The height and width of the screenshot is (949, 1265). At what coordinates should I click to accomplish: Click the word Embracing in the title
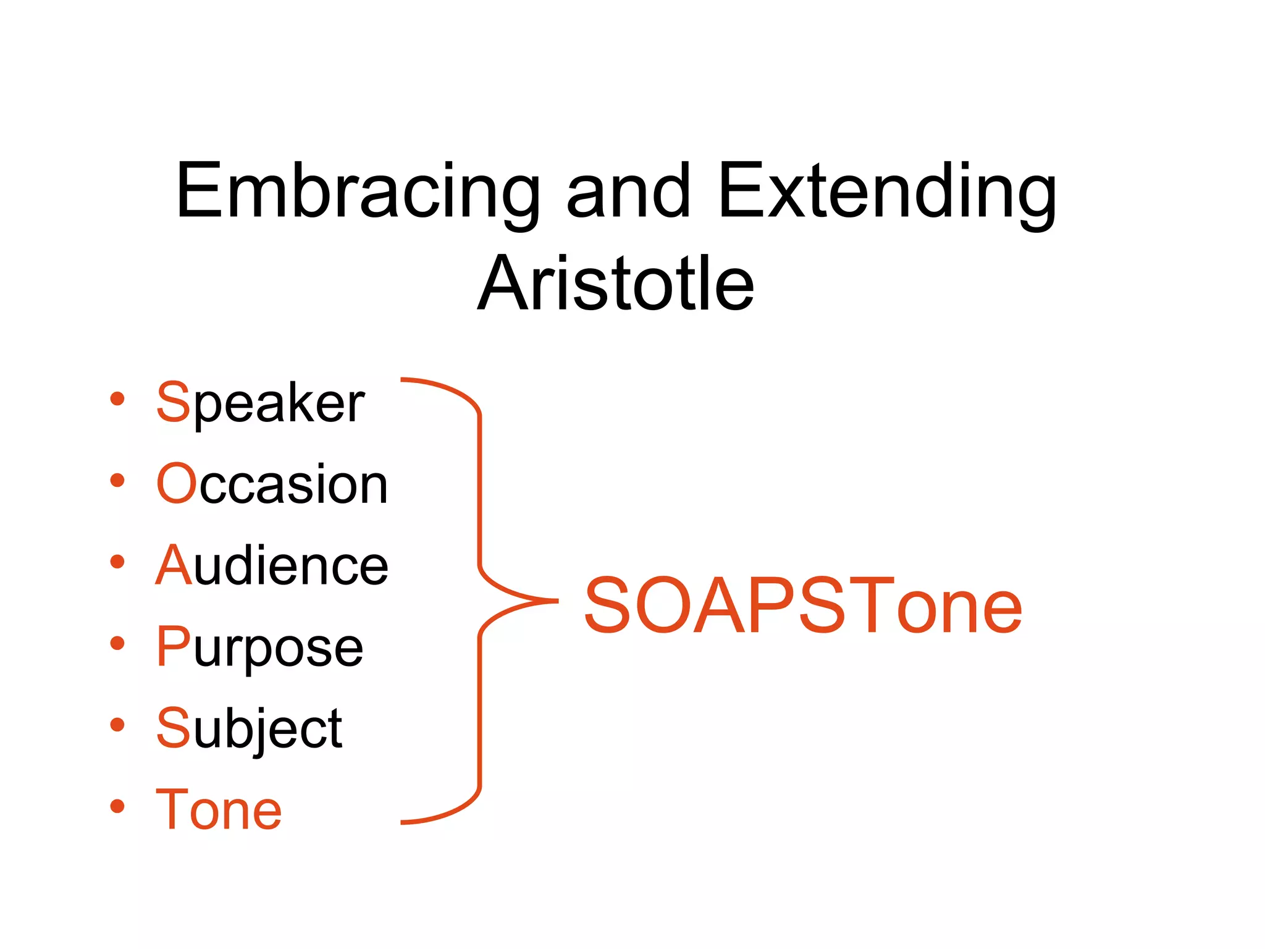tap(358, 192)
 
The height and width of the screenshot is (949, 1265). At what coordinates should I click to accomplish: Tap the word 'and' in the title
tap(628, 192)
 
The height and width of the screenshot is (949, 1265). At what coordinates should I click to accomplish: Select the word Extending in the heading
tap(887, 192)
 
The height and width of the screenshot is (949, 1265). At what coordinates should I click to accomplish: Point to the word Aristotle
tap(616, 284)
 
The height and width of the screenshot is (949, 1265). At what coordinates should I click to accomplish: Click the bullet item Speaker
tap(260, 403)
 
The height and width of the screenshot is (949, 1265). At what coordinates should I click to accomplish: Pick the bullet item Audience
tap(272, 565)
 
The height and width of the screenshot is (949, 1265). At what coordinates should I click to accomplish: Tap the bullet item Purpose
tap(260, 647)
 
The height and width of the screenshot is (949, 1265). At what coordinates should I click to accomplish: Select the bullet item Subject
tap(249, 728)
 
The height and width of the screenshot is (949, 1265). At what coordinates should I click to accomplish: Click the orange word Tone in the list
tap(219, 810)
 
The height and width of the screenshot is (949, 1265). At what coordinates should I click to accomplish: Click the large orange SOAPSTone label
tap(803, 606)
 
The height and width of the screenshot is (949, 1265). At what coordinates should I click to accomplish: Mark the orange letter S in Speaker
tap(173, 402)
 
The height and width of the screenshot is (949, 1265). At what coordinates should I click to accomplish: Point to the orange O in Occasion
tap(176, 484)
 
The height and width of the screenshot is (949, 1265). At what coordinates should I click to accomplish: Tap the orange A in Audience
tap(174, 565)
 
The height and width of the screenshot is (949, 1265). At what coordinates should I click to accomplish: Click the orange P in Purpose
tap(173, 646)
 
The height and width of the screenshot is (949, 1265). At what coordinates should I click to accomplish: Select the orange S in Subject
tap(173, 728)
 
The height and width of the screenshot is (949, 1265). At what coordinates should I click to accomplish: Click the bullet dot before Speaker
tap(117, 399)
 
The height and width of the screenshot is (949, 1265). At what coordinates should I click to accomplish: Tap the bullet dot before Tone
tap(117, 806)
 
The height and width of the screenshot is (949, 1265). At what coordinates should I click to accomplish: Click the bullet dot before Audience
tap(117, 562)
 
